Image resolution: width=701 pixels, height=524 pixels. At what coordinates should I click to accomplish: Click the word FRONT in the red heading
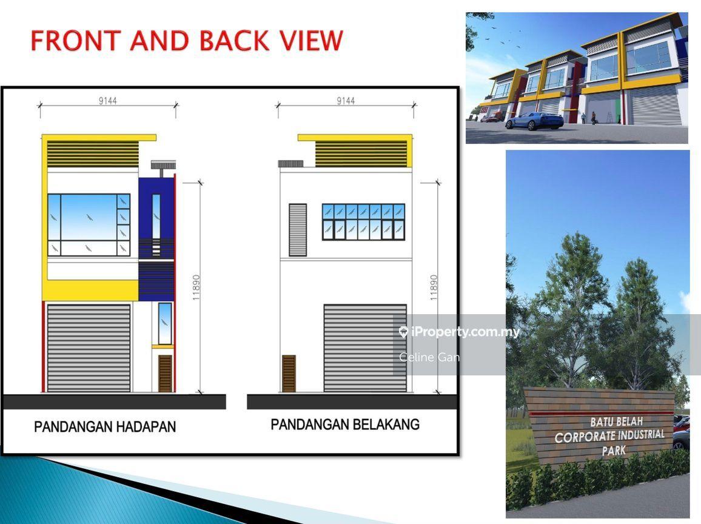(76, 40)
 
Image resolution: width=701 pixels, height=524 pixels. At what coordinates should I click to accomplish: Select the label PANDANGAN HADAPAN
(105, 426)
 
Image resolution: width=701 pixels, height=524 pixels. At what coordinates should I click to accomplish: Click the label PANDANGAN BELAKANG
(345, 425)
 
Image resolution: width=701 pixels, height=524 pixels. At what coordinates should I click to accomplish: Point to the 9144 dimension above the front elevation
(108, 101)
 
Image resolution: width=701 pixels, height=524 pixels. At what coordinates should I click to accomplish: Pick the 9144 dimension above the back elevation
(346, 101)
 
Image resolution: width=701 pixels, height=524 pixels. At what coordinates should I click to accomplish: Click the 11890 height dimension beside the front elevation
(196, 287)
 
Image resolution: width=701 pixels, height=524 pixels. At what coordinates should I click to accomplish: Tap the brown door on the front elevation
(165, 374)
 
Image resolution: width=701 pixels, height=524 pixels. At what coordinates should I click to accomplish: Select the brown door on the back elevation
(289, 374)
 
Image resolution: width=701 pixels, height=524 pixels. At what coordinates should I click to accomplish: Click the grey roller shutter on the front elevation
(89, 348)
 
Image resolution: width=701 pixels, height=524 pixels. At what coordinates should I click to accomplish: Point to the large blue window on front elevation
(89, 224)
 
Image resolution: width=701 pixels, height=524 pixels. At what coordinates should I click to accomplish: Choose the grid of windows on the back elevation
(363, 222)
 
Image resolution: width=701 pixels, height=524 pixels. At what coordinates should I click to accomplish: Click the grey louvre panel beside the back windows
(298, 230)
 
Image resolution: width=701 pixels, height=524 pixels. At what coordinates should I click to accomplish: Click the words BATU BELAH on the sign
(617, 422)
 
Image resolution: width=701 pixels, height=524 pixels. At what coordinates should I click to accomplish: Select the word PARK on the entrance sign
(614, 451)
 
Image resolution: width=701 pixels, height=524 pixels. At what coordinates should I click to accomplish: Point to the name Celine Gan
(429, 357)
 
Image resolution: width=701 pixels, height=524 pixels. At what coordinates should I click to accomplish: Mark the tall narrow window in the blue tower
(156, 217)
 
